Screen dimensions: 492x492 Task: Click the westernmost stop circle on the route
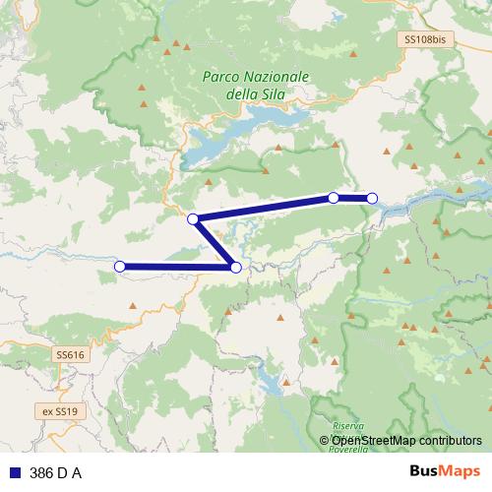pyautogui.click(x=120, y=266)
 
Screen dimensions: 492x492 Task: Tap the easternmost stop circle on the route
pyautogui.click(x=372, y=199)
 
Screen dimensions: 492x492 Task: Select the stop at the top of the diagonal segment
pyautogui.click(x=193, y=218)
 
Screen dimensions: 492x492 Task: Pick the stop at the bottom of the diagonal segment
pyautogui.click(x=235, y=267)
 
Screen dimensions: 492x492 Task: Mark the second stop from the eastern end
pyautogui.click(x=334, y=198)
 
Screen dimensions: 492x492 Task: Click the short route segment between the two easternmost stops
pyautogui.click(x=353, y=199)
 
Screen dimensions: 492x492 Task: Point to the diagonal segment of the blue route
pyautogui.click(x=215, y=243)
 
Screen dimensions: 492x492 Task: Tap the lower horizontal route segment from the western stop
pyautogui.click(x=177, y=266)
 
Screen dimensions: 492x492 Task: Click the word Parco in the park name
pyautogui.click(x=220, y=76)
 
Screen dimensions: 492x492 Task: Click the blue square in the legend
pyautogui.click(x=16, y=473)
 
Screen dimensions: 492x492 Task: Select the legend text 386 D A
pyautogui.click(x=56, y=473)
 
